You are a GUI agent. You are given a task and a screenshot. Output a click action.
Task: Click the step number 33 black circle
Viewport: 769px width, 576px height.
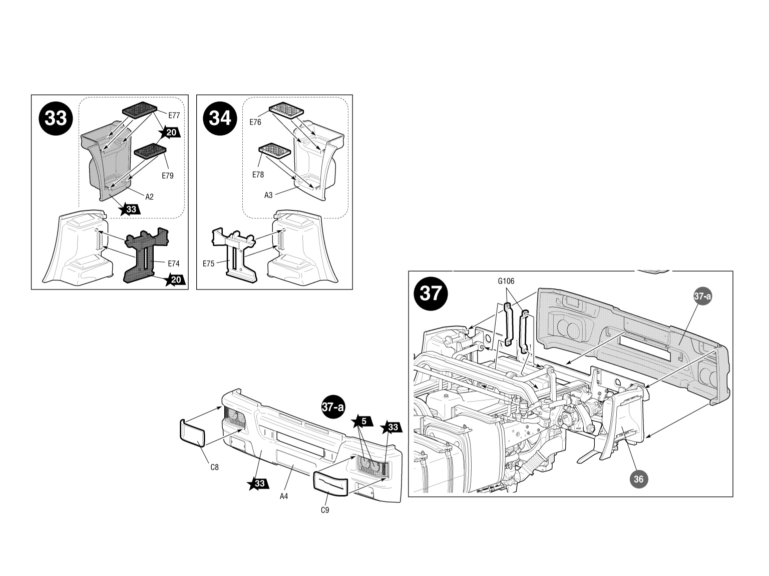(56, 118)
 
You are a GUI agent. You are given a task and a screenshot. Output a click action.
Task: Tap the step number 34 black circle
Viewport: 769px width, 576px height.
(220, 118)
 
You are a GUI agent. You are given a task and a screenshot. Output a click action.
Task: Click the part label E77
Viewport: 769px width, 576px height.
(174, 115)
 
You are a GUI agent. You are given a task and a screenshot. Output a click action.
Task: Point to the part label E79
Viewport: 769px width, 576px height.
(167, 176)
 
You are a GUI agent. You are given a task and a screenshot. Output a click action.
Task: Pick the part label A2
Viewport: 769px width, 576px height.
(149, 197)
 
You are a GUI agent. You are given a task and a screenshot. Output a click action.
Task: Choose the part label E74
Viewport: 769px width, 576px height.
(173, 263)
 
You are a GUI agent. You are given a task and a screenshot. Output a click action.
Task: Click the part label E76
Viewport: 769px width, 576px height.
(255, 122)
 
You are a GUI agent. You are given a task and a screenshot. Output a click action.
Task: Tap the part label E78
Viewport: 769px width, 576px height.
(258, 175)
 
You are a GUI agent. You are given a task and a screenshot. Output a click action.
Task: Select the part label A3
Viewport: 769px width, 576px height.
(268, 195)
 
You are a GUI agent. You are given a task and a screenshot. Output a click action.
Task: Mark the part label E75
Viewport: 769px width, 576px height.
(209, 263)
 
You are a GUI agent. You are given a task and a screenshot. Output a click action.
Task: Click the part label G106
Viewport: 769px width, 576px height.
(506, 281)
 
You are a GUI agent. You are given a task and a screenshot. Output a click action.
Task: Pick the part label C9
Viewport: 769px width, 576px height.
(324, 510)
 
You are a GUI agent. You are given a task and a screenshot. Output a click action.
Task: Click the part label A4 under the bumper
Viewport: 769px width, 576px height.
(284, 496)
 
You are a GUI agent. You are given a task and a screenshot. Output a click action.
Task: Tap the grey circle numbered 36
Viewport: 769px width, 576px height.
(638, 479)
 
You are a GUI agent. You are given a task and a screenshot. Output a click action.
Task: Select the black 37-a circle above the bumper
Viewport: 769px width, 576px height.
(333, 407)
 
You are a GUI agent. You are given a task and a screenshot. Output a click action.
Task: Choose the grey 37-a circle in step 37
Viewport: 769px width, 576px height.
(702, 296)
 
